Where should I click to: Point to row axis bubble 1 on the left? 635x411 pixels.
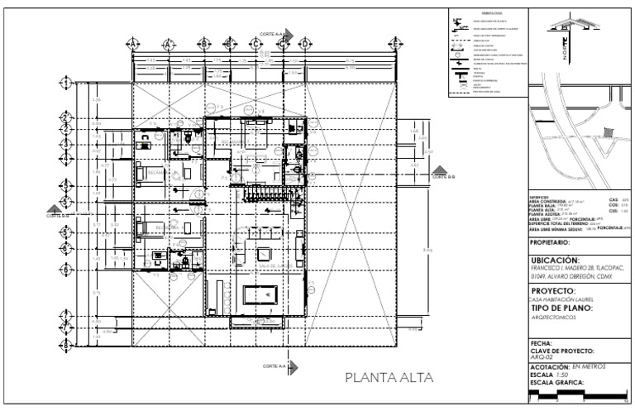[66, 83]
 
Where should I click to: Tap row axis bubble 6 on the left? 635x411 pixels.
[66, 270]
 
